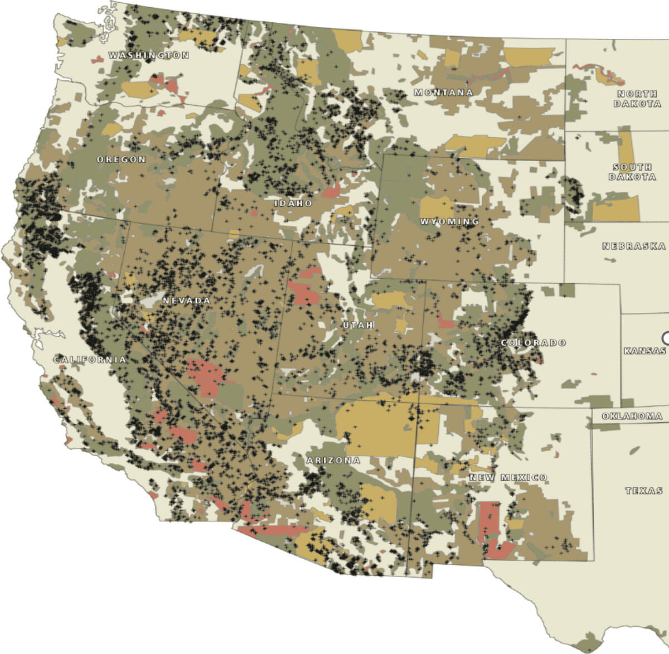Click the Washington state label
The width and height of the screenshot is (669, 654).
148,55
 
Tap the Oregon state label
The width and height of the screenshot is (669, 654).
121,159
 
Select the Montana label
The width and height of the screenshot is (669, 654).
443,93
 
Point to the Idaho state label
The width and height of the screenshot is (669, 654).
293,204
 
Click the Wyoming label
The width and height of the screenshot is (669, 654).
449,221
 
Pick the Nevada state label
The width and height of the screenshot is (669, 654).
186,301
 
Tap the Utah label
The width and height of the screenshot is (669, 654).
358,324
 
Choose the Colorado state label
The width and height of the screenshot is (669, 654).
533,342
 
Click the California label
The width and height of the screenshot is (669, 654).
90,360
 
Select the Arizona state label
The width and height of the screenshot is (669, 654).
333,461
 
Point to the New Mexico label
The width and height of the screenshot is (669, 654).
508,478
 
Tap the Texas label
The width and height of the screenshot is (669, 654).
644,491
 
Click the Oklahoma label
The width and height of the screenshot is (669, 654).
632,416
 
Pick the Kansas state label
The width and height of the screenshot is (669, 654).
644,351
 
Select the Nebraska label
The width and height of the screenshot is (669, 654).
634,246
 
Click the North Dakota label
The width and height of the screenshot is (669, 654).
638,99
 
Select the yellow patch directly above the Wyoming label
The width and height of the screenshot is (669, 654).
437,206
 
